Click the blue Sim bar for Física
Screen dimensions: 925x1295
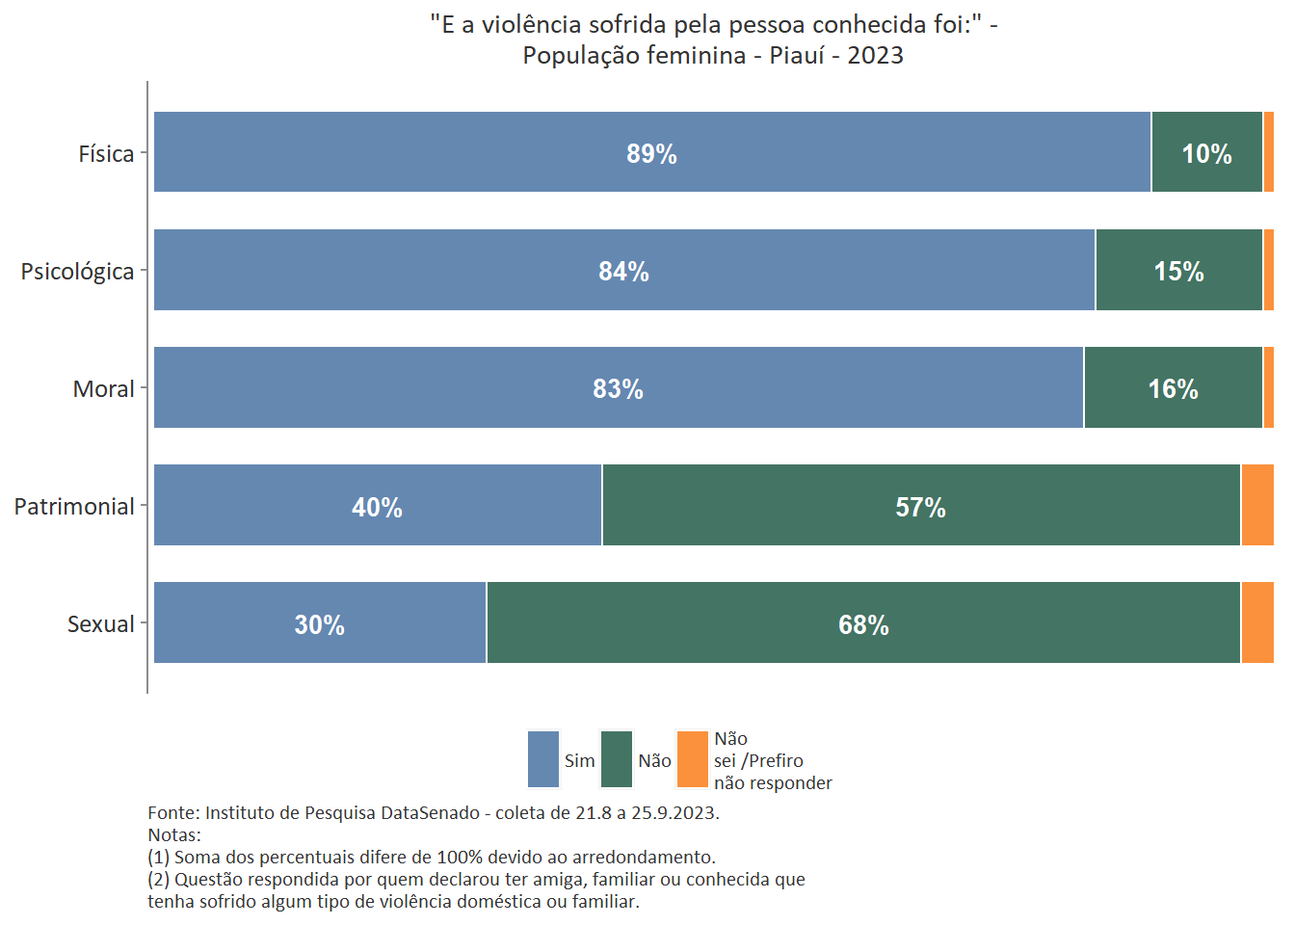[x=482, y=152]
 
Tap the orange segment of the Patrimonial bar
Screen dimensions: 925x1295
[x=1256, y=505]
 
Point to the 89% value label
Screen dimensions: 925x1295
[x=651, y=154]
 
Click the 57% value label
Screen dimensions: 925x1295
[x=920, y=508]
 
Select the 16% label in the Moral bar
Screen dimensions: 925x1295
[x=1173, y=389]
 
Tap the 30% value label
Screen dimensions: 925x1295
[x=319, y=625]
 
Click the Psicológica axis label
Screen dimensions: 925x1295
[x=77, y=272]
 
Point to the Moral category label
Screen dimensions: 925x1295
[x=103, y=389]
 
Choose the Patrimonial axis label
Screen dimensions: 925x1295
[x=74, y=507]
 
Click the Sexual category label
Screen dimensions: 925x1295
[x=100, y=624]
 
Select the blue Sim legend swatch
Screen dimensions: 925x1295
[x=543, y=759]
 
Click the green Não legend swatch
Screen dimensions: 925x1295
[x=617, y=759]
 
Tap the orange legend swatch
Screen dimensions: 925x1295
[x=693, y=759]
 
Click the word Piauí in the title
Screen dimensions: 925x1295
[x=796, y=55]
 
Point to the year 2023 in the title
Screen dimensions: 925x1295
[x=875, y=55]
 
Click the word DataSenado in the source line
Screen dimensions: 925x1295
[x=430, y=813]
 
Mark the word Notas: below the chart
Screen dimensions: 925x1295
[x=174, y=835]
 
